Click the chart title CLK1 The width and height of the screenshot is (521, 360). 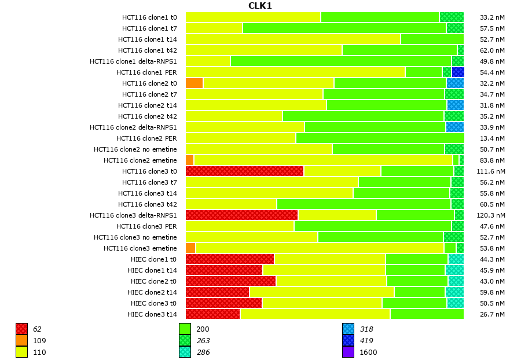260,6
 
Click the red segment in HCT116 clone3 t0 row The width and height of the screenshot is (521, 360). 244,171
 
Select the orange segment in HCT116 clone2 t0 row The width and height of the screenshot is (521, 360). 194,83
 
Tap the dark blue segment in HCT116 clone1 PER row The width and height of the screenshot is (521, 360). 458,72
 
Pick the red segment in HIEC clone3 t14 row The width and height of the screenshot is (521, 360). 212,314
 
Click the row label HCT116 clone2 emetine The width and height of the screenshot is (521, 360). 140,160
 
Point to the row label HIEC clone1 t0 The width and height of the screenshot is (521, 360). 152,259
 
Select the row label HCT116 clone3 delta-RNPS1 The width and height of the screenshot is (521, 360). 133,215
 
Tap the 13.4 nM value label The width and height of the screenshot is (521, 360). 493,138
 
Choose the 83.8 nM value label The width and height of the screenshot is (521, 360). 493,160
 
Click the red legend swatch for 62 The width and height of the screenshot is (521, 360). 22,329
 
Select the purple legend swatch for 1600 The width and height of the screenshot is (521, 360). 348,352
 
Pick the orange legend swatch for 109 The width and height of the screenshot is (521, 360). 22,341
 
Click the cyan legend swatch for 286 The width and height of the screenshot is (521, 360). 185,352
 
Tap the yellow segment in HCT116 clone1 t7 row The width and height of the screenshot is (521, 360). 214,28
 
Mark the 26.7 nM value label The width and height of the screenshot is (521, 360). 493,314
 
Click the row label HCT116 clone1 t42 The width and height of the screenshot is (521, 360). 148,50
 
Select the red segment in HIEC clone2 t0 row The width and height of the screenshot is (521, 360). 230,281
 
